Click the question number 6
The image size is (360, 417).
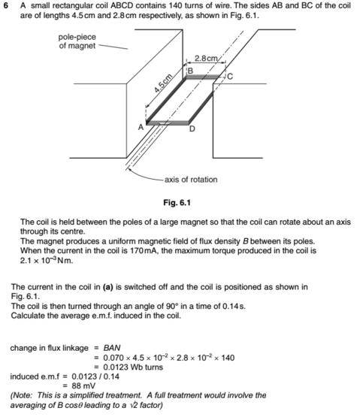[x=7, y=6]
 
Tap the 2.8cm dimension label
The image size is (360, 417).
[x=206, y=58]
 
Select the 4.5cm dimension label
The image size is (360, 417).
[x=163, y=83]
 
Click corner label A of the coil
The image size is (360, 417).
[x=141, y=128]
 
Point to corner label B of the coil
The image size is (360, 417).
[x=190, y=71]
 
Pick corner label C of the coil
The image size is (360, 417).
[x=230, y=77]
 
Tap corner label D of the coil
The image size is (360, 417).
[x=192, y=129]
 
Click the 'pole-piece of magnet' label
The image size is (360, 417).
[x=77, y=41]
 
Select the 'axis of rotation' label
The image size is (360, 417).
[x=191, y=180]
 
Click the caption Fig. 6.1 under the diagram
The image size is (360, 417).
[x=177, y=203]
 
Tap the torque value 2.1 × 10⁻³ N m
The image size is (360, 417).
[x=47, y=261]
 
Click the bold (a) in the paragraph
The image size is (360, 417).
[x=107, y=287]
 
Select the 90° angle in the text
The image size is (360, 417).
[x=172, y=306]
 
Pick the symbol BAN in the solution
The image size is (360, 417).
[x=112, y=348]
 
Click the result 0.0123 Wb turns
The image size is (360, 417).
[x=133, y=367]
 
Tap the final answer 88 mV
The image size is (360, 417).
[x=83, y=386]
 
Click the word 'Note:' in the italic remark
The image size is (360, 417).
[x=22, y=395]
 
